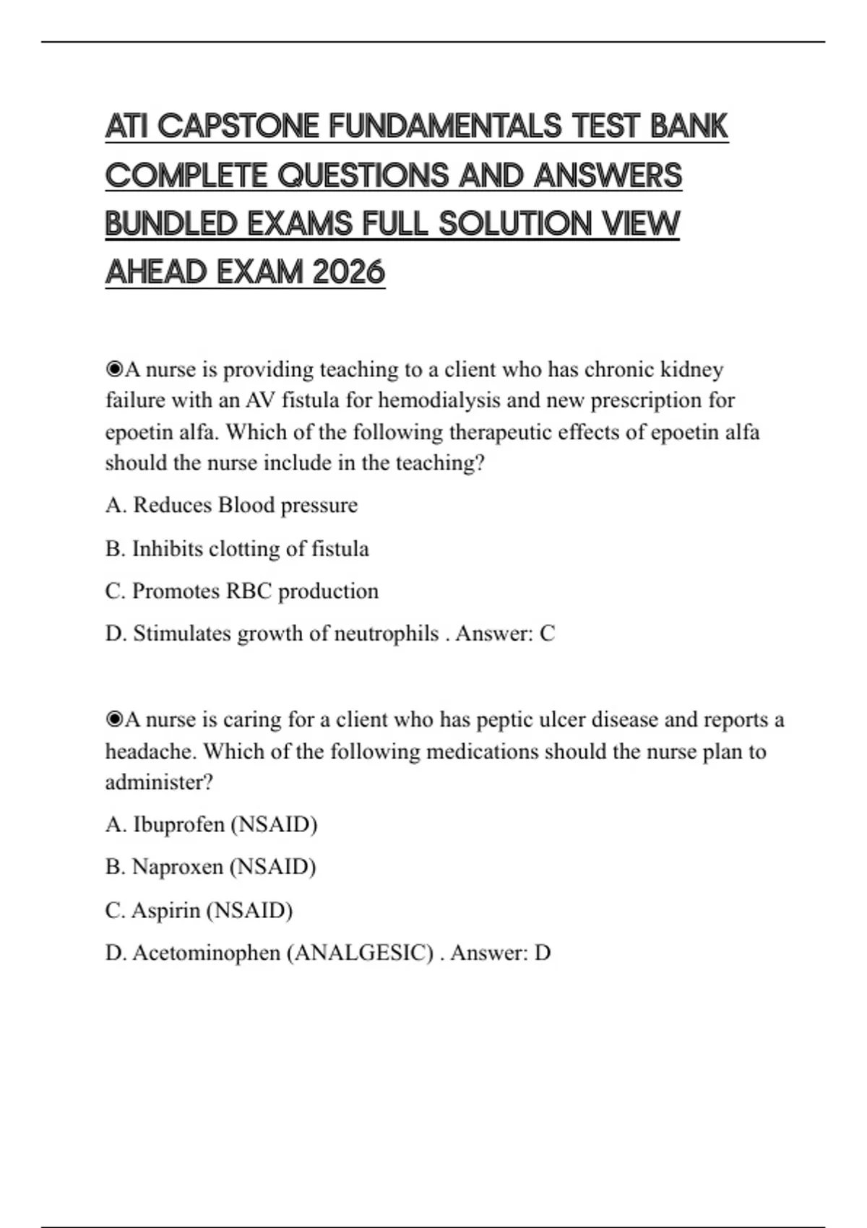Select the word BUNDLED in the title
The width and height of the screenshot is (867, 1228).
coord(171,224)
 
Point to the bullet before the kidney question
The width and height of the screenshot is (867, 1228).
coord(114,370)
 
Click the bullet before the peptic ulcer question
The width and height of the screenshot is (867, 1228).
coord(114,720)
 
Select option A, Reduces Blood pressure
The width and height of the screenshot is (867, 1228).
coord(231,505)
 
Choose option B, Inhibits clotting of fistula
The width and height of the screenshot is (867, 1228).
coord(237,549)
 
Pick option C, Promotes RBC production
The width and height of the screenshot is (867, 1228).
coord(241,592)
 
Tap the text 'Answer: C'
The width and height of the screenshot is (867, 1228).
coord(505,634)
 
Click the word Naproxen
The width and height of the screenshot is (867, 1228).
coord(178,867)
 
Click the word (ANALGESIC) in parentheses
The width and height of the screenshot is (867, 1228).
coord(360,953)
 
